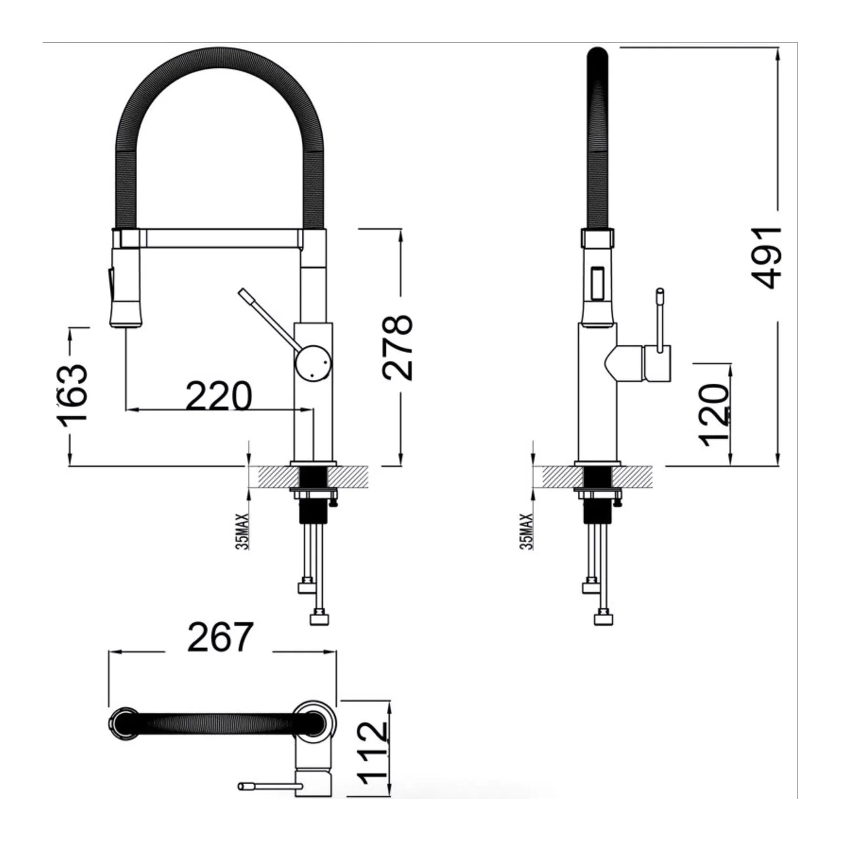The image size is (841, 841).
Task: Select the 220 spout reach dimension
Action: tap(219, 396)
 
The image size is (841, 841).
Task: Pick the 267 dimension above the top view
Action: tap(220, 637)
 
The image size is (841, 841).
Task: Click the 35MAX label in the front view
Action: tap(243, 531)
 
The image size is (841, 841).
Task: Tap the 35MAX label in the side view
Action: tap(526, 531)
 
